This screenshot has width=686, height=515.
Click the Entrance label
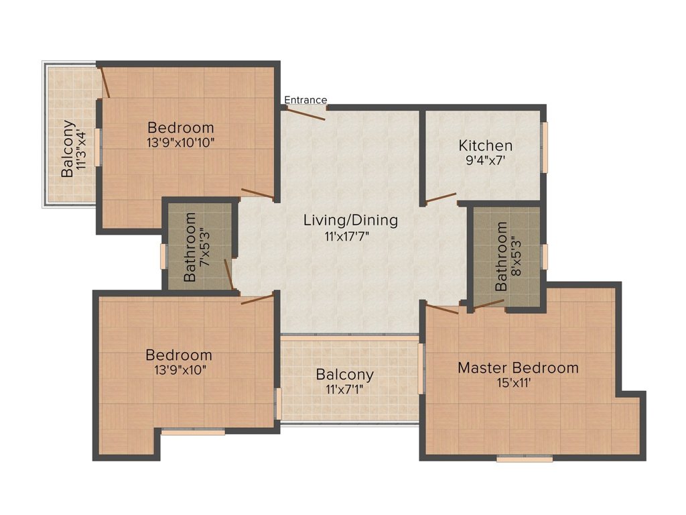coord(305,100)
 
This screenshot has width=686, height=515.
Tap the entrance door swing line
coord(304,113)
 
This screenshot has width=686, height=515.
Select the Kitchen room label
coord(486,146)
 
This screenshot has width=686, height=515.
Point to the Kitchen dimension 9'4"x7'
coord(486,161)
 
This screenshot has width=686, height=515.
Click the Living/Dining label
coord(350,220)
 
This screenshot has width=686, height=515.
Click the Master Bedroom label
coord(518,367)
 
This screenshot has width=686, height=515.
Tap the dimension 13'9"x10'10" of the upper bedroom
coord(181,142)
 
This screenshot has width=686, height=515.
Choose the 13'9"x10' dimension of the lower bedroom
coord(180,369)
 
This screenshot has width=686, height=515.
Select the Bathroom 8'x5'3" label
coord(508,256)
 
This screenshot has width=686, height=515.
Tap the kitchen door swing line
coord(441,198)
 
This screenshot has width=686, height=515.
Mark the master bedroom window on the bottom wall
coord(525,459)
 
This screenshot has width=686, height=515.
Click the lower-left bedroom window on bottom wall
coord(193,433)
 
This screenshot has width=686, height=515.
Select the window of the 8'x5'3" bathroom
coord(545,256)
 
